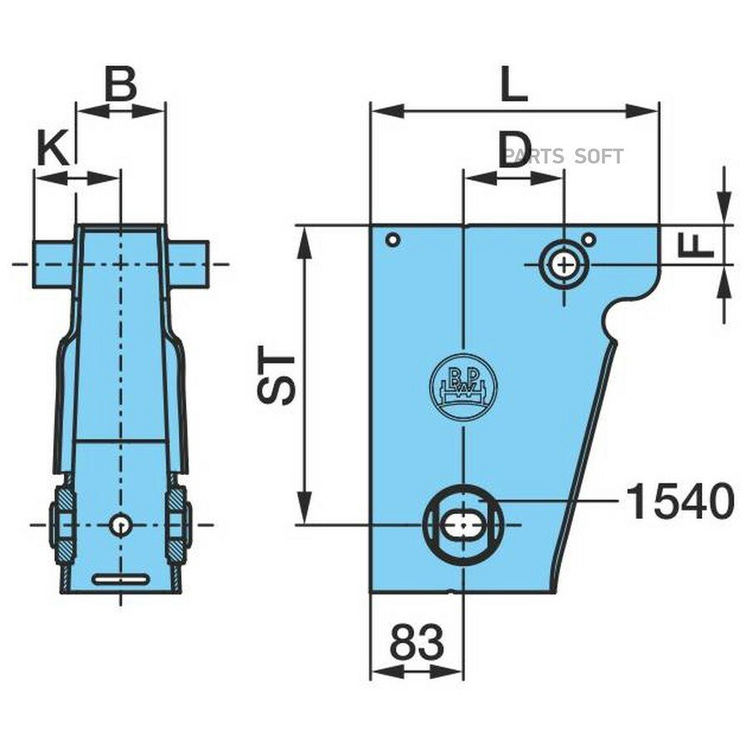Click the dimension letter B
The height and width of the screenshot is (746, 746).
coord(121,85)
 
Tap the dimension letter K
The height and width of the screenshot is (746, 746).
coord(52,148)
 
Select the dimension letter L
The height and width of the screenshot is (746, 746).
coord(514,85)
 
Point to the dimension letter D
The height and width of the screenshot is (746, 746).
coord(514,150)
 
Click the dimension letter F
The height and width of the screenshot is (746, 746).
coord(697,244)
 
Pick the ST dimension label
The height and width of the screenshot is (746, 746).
coord(277,377)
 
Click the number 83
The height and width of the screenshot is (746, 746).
coord(416,641)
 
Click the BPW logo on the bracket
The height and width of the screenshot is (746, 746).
coord(463,386)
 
